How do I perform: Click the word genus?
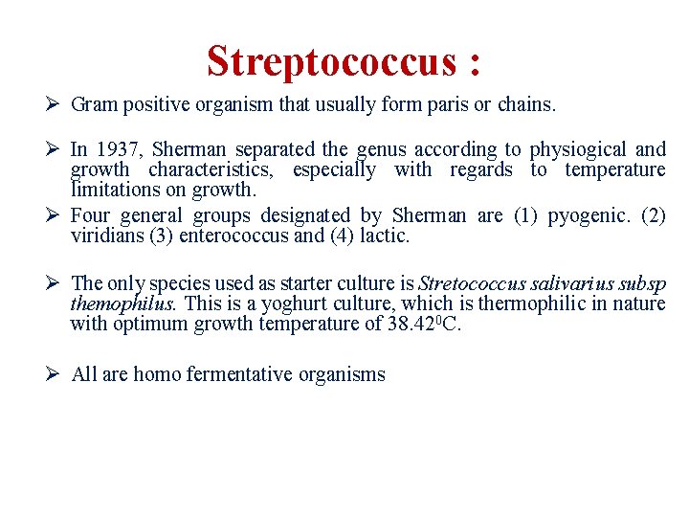(380, 149)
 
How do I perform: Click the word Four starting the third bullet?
(90, 216)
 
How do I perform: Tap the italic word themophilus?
(122, 303)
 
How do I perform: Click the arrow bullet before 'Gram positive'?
(55, 104)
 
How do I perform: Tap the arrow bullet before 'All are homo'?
(55, 374)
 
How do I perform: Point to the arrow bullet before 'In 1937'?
(55, 149)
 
